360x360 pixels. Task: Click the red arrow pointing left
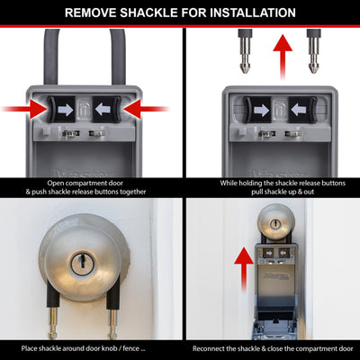(x=149, y=108)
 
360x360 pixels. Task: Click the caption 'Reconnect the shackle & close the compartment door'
(x=272, y=347)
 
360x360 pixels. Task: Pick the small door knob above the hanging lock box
(x=272, y=221)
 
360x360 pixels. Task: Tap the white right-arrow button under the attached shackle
(x=64, y=108)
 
